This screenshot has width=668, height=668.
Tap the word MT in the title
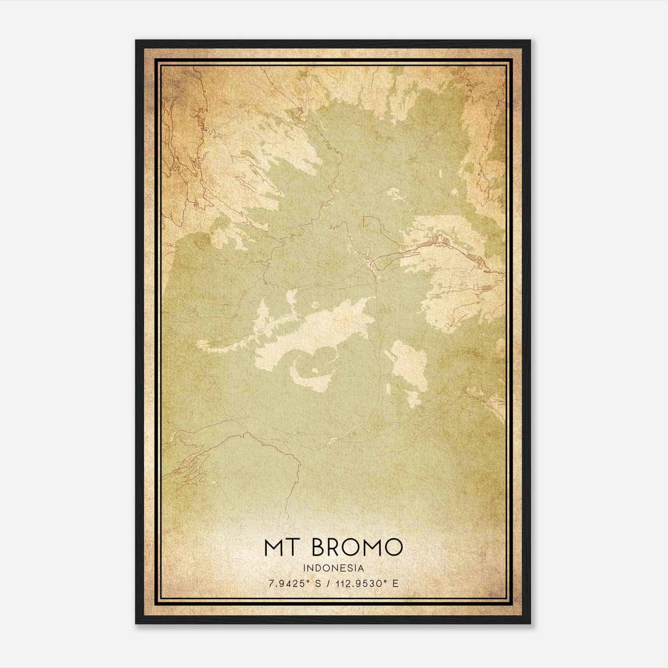click(x=284, y=547)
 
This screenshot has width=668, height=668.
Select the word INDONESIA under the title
click(x=334, y=568)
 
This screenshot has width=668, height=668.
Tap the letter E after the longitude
click(x=395, y=583)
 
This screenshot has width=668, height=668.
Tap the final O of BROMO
click(x=393, y=547)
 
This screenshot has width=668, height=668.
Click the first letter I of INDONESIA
click(x=306, y=568)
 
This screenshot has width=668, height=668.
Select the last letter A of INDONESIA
click(x=361, y=568)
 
